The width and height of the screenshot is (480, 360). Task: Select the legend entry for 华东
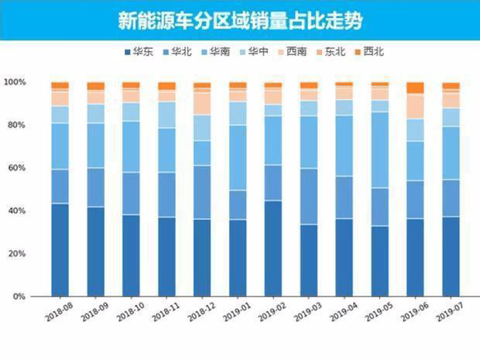coord(137,52)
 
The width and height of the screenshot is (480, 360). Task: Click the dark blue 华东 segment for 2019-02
coord(273,248)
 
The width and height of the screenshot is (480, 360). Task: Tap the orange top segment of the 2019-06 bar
coord(415,87)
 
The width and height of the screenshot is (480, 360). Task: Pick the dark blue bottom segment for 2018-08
coord(60,249)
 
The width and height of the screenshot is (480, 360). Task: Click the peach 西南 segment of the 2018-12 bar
coord(202,103)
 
